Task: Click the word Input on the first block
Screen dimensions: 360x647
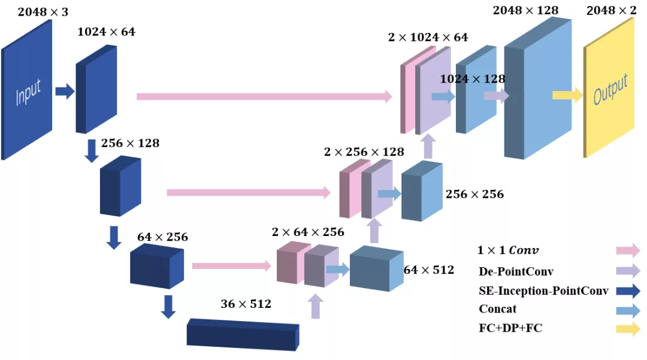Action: point(28,92)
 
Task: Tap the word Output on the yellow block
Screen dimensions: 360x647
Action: point(610,90)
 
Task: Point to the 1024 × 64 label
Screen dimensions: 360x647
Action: point(106,32)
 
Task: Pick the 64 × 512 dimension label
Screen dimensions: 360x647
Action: point(428,270)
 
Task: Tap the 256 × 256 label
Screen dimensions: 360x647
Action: point(474,194)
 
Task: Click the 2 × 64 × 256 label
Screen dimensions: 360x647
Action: point(308,232)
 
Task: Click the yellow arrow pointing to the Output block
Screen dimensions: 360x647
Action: point(567,95)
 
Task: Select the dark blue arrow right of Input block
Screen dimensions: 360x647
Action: point(65,92)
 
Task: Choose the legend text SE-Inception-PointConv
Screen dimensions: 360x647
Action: point(543,291)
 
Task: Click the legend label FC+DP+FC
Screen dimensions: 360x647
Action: point(510,328)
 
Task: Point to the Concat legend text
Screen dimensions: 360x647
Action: point(497,309)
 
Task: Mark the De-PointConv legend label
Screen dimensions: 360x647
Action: point(516,271)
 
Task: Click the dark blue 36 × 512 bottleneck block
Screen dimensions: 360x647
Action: point(243,334)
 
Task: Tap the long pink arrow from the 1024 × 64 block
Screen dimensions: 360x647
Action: point(264,96)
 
